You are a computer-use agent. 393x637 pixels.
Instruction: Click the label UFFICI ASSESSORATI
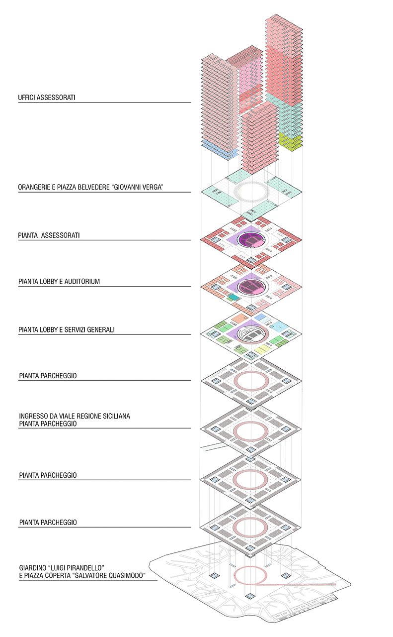[47, 98]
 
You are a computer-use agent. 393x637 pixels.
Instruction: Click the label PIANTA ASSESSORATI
[49, 235]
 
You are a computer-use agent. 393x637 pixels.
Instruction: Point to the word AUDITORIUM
[82, 282]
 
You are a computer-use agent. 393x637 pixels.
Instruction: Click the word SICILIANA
[116, 416]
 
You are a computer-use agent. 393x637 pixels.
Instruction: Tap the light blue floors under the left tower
[219, 150]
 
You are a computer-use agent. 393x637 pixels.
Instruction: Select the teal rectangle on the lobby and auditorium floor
[234, 297]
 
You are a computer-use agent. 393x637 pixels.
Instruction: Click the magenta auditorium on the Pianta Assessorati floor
[250, 239]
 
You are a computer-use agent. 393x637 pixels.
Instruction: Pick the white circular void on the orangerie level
[251, 192]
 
